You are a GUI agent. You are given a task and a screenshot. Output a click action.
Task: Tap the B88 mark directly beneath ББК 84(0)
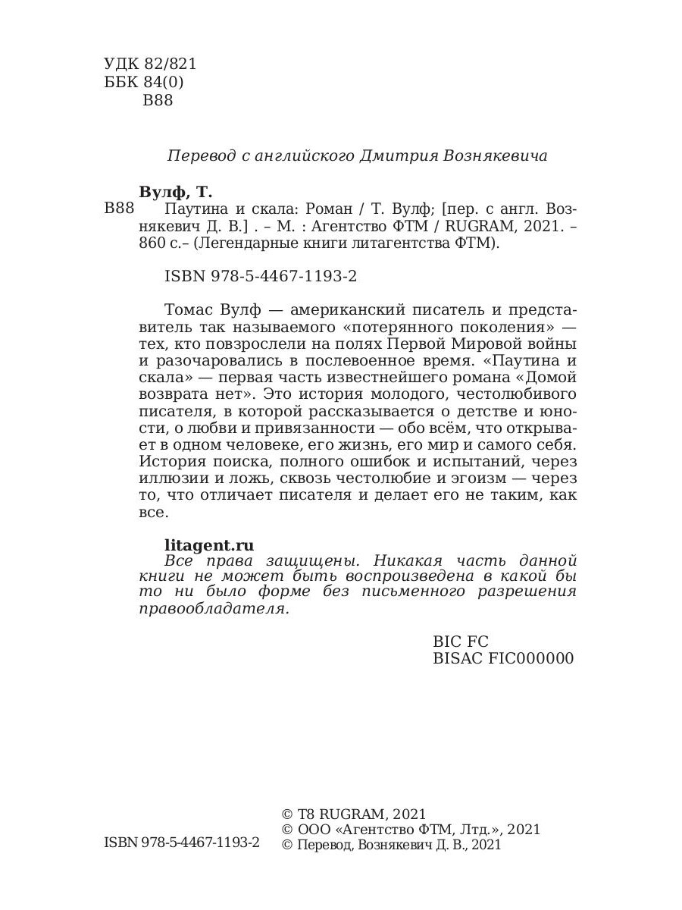[158, 101]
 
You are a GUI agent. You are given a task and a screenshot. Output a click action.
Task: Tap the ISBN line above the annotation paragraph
[261, 277]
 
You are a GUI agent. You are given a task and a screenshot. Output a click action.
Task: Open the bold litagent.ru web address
[209, 544]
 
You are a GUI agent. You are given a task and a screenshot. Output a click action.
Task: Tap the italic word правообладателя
[214, 609]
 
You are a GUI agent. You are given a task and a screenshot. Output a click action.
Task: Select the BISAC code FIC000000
[502, 658]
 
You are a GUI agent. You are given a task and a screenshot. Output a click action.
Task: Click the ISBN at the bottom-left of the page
[181, 843]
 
